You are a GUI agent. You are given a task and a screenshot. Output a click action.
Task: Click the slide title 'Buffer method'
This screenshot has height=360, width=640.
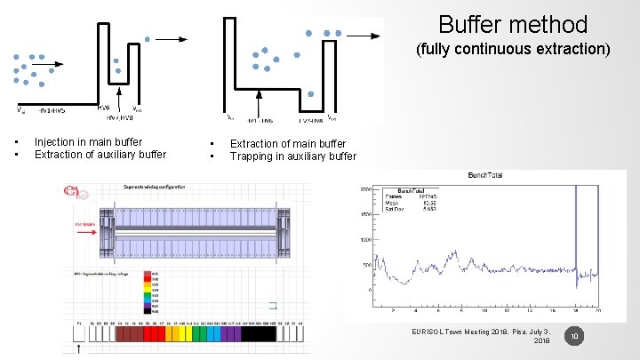click(x=513, y=24)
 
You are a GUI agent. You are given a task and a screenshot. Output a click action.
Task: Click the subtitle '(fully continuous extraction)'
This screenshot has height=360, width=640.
click(x=513, y=49)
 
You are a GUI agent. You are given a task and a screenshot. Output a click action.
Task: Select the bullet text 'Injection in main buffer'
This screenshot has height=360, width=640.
click(x=87, y=141)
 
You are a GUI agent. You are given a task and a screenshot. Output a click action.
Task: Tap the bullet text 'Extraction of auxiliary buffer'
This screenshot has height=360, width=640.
click(x=100, y=154)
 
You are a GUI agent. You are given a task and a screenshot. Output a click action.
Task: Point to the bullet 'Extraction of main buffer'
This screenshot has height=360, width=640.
click(x=288, y=143)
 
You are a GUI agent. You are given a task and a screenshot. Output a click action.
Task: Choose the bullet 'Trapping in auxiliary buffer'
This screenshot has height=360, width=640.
click(x=292, y=156)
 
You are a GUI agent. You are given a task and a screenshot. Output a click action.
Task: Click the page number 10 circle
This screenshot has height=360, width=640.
click(x=574, y=336)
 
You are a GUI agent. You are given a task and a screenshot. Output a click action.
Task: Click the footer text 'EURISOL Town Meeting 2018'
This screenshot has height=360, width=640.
click(x=480, y=331)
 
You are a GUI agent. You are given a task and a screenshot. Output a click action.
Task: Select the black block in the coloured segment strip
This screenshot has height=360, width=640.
click(x=259, y=333)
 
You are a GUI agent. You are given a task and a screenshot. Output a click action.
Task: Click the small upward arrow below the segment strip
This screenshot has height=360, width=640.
click(x=80, y=348)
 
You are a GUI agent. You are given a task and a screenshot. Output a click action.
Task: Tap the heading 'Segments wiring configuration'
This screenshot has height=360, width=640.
click(x=150, y=188)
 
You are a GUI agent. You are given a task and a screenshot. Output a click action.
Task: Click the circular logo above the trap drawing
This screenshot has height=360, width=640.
click(x=71, y=190)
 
